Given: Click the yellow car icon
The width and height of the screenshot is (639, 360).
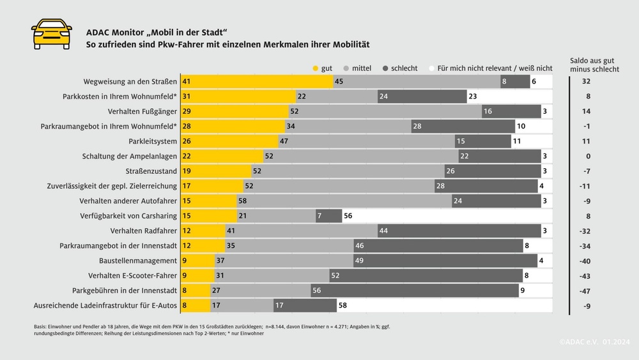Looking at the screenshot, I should coord(52,34).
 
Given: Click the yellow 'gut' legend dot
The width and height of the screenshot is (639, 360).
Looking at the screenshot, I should coord(315,68).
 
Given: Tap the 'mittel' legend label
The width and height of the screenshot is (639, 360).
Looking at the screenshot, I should coord(362,68).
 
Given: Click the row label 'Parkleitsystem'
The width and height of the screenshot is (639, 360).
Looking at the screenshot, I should coord(150,141).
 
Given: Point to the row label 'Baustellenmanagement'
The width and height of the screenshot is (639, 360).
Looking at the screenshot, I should coord(138,261).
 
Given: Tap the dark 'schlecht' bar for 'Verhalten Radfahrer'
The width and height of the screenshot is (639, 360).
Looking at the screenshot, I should coord(459,231).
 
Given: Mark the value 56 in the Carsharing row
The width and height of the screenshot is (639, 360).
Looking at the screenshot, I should coord(348,216).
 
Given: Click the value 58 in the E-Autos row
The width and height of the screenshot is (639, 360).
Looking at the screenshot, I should coord(343,306).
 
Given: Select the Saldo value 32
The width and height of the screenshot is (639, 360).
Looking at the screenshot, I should coord(587,82).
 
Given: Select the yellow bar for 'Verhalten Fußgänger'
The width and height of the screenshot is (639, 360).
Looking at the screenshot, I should coord(235,111).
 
